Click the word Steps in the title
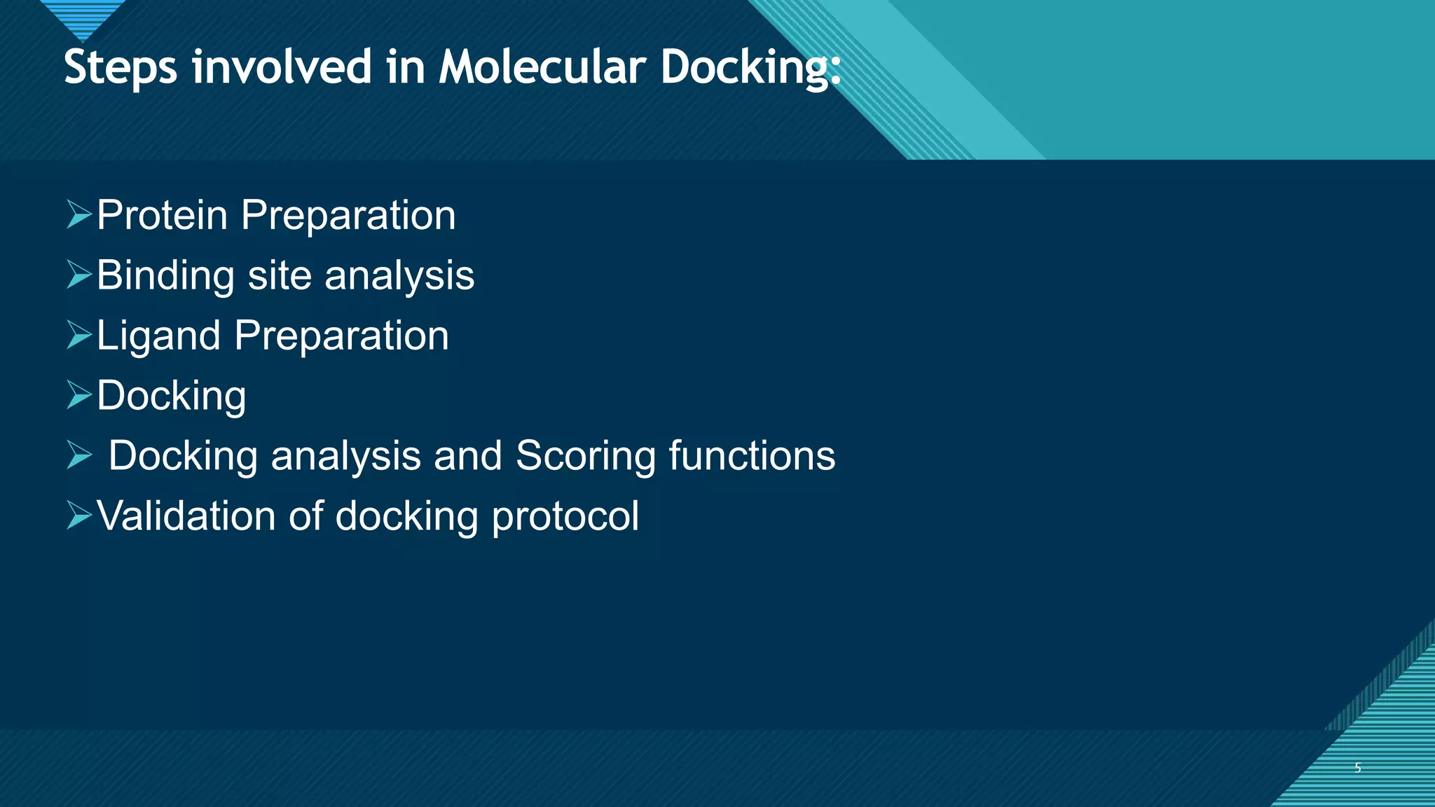click(x=121, y=69)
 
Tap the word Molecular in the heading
click(x=542, y=67)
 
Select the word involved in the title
click(x=282, y=67)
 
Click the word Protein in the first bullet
click(x=162, y=215)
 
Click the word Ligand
click(x=158, y=336)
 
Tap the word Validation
click(x=186, y=516)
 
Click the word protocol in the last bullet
click(x=565, y=517)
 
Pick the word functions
click(x=752, y=456)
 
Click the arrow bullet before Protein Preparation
click(x=79, y=214)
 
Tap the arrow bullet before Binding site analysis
click(x=79, y=275)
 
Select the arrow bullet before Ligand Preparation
click(x=79, y=335)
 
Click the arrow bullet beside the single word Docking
click(x=79, y=395)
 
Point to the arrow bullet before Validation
click(x=79, y=516)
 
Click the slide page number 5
click(x=1357, y=768)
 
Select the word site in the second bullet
click(x=280, y=275)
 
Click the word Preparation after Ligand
click(x=341, y=336)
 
